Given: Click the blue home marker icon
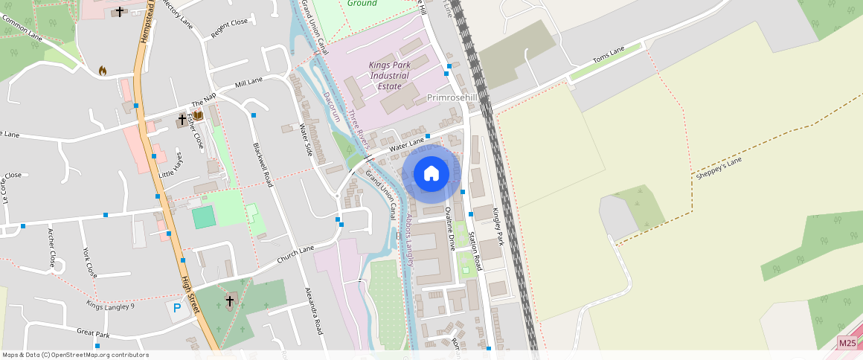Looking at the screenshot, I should coord(431,173).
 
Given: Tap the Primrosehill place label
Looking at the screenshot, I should coord(452,97).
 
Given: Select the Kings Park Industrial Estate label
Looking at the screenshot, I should coord(389,75).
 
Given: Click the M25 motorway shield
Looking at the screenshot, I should coord(847,342).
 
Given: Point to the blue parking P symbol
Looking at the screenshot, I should coord(177,307).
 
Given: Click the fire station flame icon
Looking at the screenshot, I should coord(103,71).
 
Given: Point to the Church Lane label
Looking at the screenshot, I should coord(296,254).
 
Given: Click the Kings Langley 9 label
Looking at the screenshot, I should coord(110,305).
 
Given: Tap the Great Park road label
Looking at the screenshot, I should coord(93,334).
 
